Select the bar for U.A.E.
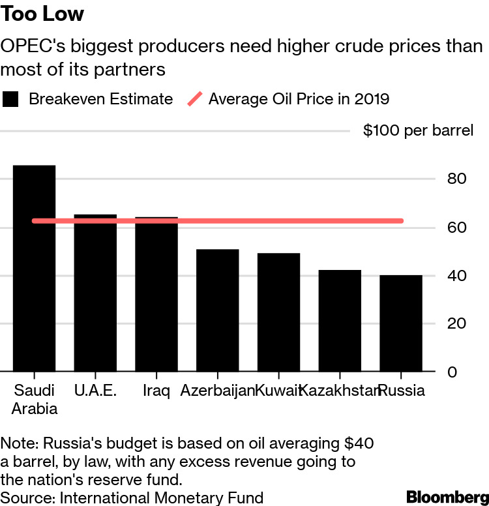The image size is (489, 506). coord(95,293)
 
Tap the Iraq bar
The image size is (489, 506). coord(156,294)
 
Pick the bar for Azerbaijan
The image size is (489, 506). coord(218,310)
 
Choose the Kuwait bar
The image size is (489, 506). coord(278,312)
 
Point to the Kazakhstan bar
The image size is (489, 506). coord(340,321)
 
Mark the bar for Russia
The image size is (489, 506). coord(401,323)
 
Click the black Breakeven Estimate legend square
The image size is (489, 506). coord(12,99)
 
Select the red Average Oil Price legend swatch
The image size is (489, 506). coord(195,99)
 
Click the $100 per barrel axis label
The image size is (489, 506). coord(418,130)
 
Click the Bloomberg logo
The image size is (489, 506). coord(447,496)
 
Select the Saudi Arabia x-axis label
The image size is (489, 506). coord(34,399)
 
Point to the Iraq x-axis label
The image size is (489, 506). coord(156,391)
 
